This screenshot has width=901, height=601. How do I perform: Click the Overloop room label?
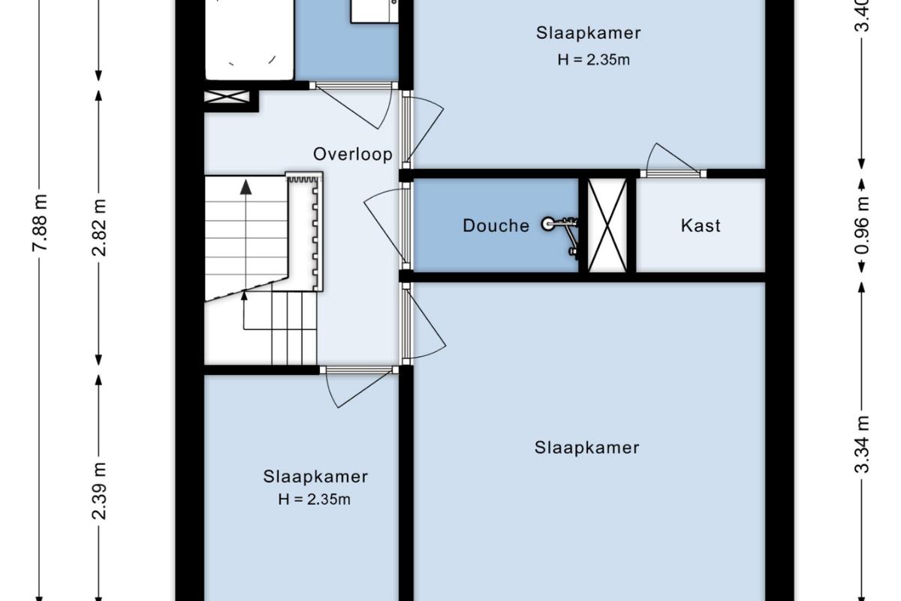(x=353, y=155)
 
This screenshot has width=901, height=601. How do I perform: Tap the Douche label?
(x=496, y=226)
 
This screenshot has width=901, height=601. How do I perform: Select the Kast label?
(x=701, y=226)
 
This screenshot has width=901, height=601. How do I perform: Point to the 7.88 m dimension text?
(x=41, y=222)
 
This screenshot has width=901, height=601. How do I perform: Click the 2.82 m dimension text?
(x=99, y=228)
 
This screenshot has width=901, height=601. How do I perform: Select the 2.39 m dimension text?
(x=99, y=491)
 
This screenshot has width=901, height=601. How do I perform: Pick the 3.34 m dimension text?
(x=862, y=445)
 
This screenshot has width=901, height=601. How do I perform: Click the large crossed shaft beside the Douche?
(x=607, y=225)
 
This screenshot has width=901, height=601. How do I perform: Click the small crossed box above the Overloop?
(x=228, y=97)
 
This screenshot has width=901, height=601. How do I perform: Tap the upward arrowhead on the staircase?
(x=246, y=187)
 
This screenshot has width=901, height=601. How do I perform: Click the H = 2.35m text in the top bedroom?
(x=594, y=60)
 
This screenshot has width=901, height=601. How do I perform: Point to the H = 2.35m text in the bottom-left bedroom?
(x=314, y=500)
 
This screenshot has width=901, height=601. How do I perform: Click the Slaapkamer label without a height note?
(x=587, y=448)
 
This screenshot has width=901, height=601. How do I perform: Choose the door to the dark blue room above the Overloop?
(x=353, y=105)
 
